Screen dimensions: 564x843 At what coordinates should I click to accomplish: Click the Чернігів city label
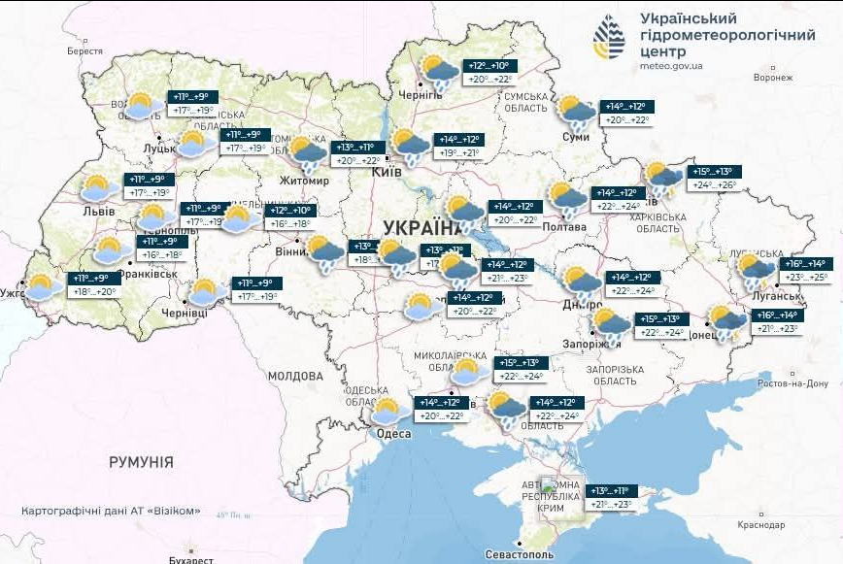(x=421, y=95)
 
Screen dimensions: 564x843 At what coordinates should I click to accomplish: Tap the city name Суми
(x=576, y=137)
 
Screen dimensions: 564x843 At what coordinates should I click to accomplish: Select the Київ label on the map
(x=388, y=171)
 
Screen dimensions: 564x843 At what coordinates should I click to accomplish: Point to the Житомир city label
(x=305, y=181)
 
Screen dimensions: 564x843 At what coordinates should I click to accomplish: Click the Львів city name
(x=98, y=211)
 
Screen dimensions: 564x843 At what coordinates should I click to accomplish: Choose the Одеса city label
(x=393, y=433)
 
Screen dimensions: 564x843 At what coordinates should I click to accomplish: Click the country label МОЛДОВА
(x=294, y=376)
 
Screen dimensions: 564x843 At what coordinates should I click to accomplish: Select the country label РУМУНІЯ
(x=141, y=462)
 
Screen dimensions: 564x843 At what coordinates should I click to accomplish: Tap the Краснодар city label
(x=760, y=524)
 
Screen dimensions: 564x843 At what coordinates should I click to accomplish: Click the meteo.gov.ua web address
(x=672, y=66)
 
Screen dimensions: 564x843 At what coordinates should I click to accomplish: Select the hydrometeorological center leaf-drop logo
(x=610, y=38)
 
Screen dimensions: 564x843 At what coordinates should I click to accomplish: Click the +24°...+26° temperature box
(x=714, y=184)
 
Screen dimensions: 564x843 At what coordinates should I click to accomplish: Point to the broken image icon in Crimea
(x=550, y=485)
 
